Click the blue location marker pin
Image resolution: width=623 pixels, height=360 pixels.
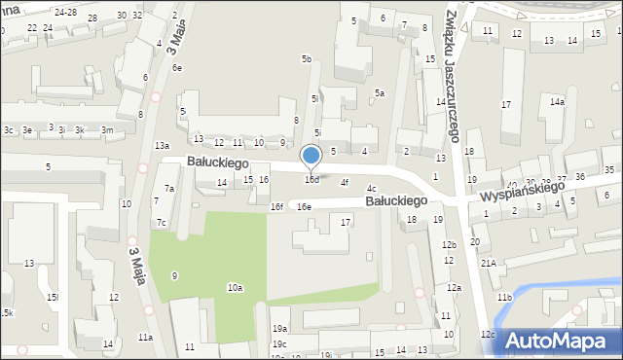coord(311,156)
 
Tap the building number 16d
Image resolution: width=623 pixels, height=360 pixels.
coord(311,180)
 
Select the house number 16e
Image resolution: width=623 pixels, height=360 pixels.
coord(305,207)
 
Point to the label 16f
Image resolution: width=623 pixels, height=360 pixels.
coord(277,207)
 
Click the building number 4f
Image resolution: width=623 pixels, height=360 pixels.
coord(344,182)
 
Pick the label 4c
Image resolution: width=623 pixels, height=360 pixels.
coord(371,189)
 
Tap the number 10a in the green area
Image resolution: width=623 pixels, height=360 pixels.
coord(235,288)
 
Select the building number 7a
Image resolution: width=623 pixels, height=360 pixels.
coord(169,189)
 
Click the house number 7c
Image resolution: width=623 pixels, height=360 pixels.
coord(163,224)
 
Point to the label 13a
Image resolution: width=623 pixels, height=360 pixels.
coord(162,145)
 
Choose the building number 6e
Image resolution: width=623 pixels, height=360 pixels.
coord(177,68)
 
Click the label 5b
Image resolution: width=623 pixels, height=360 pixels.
coord(307,59)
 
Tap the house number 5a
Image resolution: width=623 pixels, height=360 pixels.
coord(381,93)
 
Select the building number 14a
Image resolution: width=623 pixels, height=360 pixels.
coord(557,101)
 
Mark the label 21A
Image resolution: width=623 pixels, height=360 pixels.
coord(488,263)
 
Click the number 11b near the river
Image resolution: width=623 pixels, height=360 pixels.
coord(503,297)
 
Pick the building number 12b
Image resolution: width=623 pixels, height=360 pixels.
coord(449,245)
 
